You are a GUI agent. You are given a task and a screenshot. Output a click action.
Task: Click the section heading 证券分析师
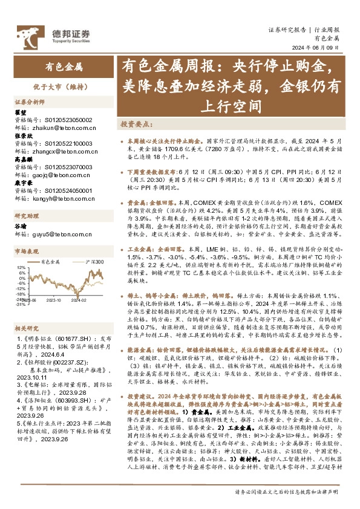(30, 102)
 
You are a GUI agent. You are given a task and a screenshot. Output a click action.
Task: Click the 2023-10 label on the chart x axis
(53, 299)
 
